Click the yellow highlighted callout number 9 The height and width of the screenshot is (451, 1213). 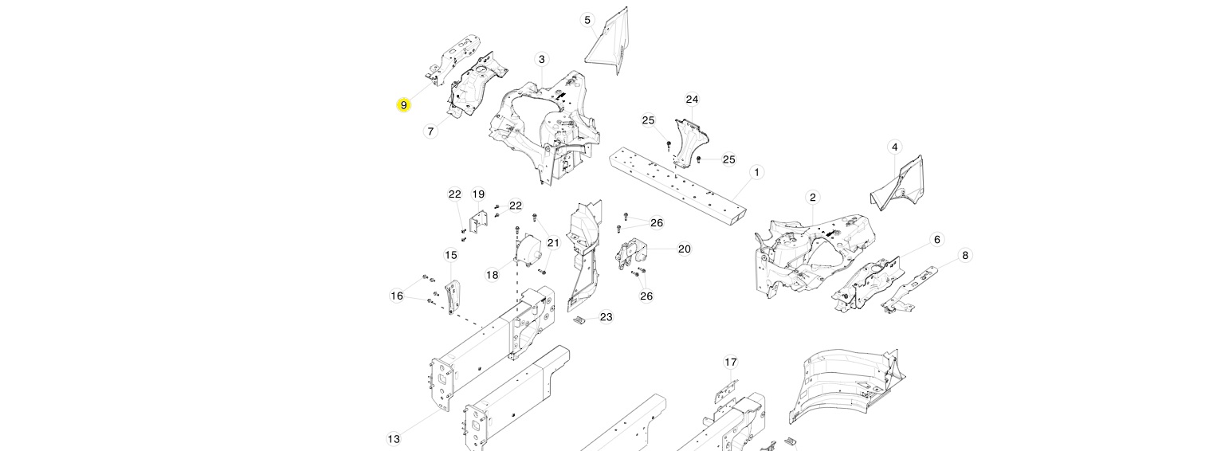click(x=403, y=105)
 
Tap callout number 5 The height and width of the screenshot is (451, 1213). click(x=587, y=20)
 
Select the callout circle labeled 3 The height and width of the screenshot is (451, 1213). click(x=541, y=60)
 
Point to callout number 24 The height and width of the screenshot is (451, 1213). click(x=692, y=99)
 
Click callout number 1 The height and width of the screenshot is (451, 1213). click(x=756, y=172)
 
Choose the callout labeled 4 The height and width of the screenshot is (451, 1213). click(x=894, y=147)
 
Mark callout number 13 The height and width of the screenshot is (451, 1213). click(x=394, y=438)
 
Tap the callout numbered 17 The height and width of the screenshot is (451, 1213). click(x=731, y=362)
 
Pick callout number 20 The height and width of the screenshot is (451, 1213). click(x=685, y=249)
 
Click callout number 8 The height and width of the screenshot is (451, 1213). click(x=965, y=255)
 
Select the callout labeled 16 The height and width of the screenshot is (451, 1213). click(x=397, y=296)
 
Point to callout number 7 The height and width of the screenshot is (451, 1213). click(x=430, y=131)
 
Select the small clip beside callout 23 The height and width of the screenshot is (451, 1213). click(x=579, y=320)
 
